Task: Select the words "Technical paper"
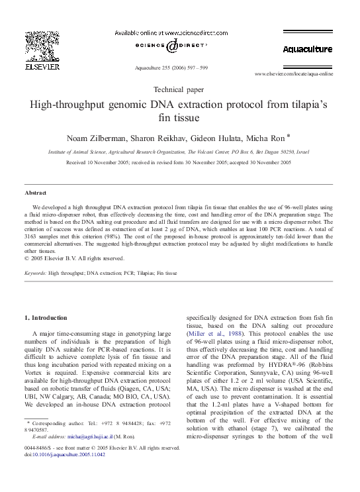[179, 89]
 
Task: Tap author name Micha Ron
[260, 138]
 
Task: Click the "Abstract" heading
[35, 192]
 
